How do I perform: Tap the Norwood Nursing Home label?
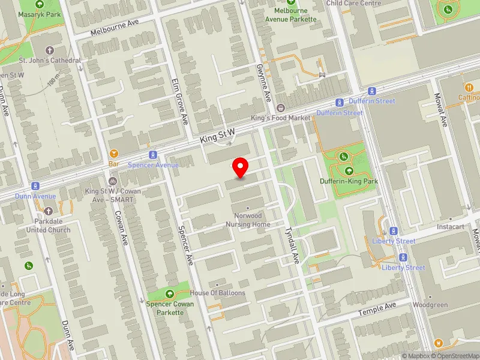pos(248,220)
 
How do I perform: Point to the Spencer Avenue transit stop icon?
pos(153,155)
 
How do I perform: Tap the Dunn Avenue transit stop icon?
pos(36,186)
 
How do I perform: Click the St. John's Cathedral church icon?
pos(49,51)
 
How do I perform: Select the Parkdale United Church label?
pos(48,226)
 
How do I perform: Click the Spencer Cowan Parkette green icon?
pos(170,293)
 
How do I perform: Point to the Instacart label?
pos(451,227)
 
